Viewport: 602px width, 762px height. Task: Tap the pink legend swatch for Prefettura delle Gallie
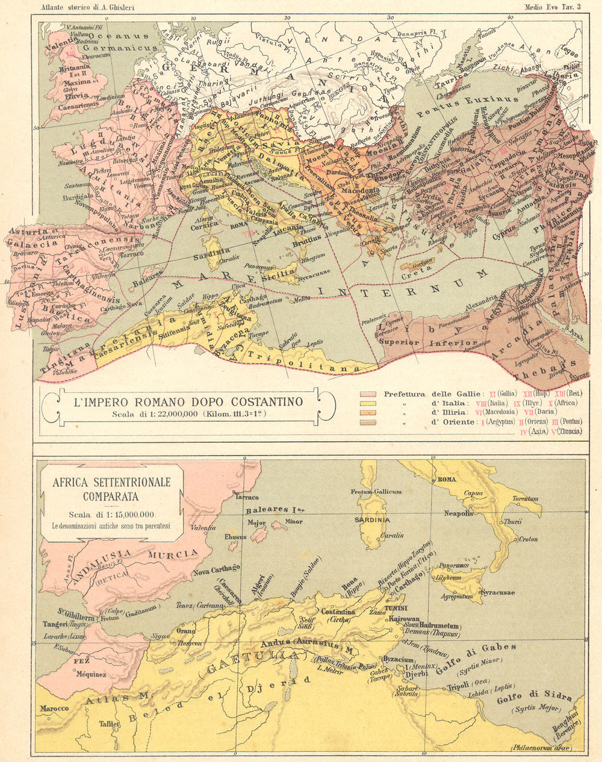368,394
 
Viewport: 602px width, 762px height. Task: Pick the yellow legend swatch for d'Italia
368,403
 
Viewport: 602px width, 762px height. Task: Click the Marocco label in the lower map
54,708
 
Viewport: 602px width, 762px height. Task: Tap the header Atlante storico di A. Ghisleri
88,7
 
